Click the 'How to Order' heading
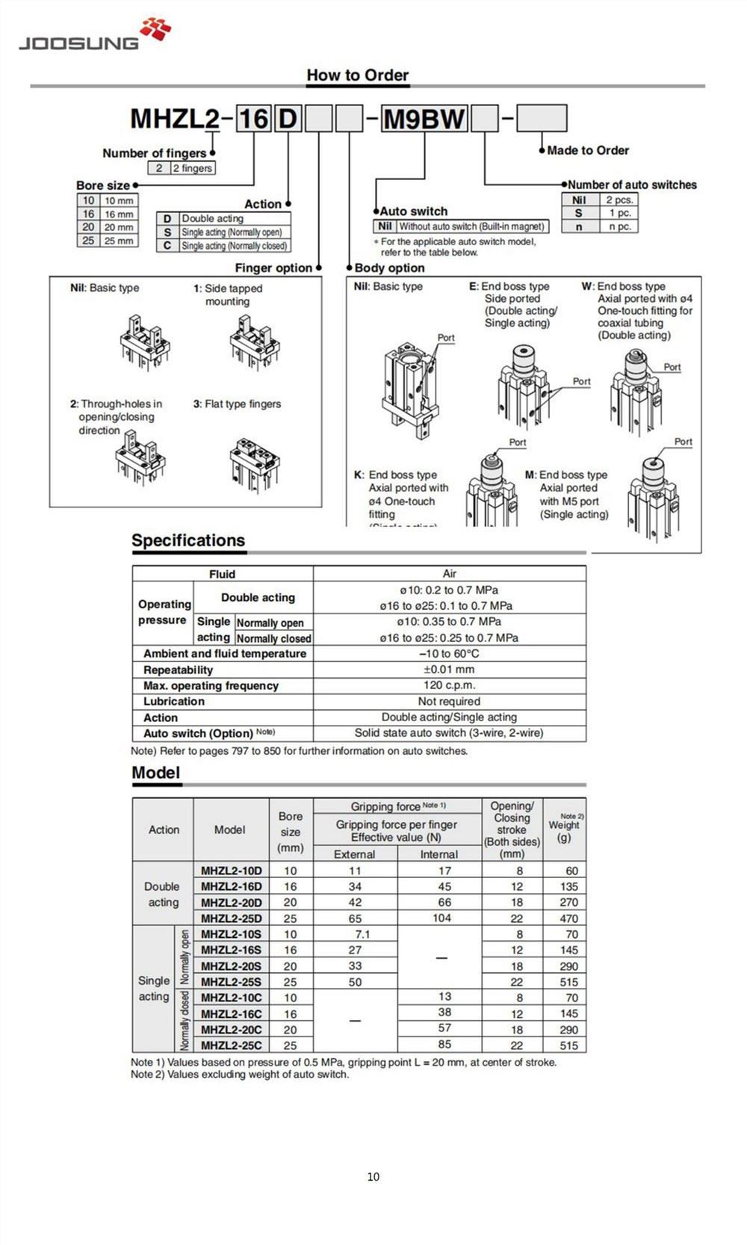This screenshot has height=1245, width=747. pos(357,75)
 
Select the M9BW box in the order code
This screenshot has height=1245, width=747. pos(424,119)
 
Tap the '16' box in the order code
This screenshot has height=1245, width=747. pos(252,119)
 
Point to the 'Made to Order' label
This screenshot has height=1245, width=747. pos(587,150)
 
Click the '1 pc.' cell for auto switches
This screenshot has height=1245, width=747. pos(619,213)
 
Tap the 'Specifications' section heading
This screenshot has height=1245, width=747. pos(188,541)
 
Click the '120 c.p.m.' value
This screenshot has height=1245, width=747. pos(449,685)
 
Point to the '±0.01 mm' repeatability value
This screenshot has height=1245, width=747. pos(449,670)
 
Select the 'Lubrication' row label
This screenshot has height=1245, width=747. pos(174,702)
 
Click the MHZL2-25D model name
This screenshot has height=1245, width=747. pos(231,918)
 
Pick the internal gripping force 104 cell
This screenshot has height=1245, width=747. pos(441,918)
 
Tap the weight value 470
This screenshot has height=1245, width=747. pos(568,918)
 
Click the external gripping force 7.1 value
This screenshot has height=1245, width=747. pos(362,934)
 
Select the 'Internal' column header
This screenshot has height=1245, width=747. pos(438,854)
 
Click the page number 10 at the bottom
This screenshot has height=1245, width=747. pos(373,1176)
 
